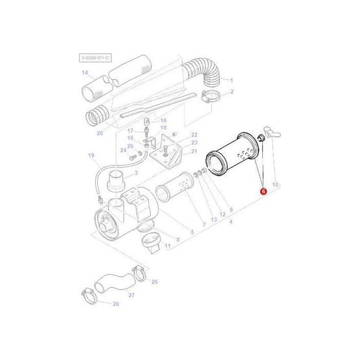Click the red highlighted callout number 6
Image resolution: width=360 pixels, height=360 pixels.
pyautogui.click(x=263, y=192)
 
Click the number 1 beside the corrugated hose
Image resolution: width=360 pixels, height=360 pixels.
pyautogui.click(x=231, y=80)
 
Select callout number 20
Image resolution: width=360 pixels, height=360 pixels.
pyautogui.click(x=99, y=133)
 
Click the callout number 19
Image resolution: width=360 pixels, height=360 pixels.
pyautogui.click(x=91, y=156)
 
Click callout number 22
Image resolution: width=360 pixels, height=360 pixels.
pyautogui.click(x=194, y=135)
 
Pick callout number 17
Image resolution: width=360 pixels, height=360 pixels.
pyautogui.click(x=131, y=130)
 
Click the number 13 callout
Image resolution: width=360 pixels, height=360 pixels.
pyautogui.click(x=213, y=220)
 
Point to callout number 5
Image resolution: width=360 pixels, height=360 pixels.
pyautogui.click(x=192, y=232)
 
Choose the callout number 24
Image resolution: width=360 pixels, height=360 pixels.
pyautogui.click(x=123, y=150)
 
